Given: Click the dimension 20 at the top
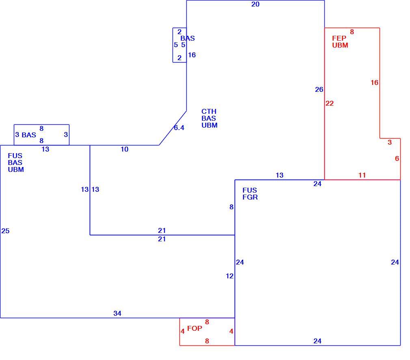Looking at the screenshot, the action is (x=255, y=4).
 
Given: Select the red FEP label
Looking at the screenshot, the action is (x=339, y=38).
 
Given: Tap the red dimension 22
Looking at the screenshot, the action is (x=330, y=104).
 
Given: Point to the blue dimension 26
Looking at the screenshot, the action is (x=319, y=89).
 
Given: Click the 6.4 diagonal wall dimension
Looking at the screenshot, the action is (x=179, y=128).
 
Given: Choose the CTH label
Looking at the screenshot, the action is (x=209, y=111).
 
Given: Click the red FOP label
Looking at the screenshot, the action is (x=194, y=328).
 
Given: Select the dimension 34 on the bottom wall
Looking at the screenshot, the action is (x=117, y=313).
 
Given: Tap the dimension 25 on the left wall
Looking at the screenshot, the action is (x=5, y=231).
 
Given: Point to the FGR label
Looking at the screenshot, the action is (x=250, y=197).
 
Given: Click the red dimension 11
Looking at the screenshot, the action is (x=362, y=175).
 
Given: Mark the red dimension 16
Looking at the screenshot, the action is (x=374, y=83).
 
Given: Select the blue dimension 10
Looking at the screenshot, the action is (x=125, y=149).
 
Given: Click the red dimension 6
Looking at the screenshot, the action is (x=397, y=158).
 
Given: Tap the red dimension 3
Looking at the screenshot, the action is (x=390, y=143).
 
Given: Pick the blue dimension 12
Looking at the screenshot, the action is (x=230, y=276).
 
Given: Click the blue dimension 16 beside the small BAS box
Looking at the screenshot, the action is (x=192, y=55).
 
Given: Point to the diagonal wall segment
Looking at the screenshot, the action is (x=173, y=128).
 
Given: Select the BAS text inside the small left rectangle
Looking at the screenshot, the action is (x=29, y=135).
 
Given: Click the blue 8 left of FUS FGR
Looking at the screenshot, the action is (x=231, y=207).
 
